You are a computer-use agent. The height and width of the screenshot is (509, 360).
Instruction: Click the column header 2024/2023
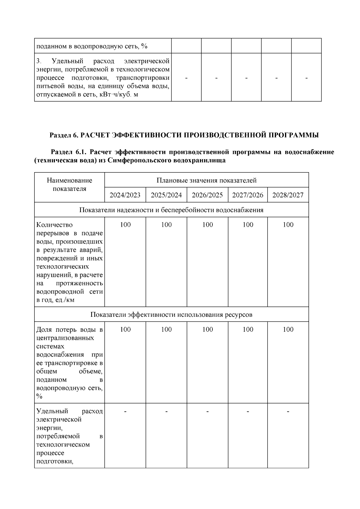[x=125, y=195]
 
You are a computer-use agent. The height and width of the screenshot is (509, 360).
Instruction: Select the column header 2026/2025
[x=207, y=195]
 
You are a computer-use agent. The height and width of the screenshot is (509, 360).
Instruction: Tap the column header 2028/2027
[x=288, y=195]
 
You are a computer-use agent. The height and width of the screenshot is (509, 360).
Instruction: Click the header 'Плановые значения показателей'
[x=206, y=180]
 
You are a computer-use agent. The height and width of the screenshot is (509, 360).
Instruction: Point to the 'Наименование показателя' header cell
[x=69, y=184]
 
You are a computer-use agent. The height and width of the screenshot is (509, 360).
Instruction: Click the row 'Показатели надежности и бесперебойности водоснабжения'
[x=171, y=210]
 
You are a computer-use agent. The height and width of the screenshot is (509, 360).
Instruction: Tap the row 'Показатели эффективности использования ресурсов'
[x=171, y=314]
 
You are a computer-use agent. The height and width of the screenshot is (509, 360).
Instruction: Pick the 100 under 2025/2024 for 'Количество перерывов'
[x=166, y=225]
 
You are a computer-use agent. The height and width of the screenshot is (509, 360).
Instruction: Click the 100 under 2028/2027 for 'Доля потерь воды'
[x=288, y=329]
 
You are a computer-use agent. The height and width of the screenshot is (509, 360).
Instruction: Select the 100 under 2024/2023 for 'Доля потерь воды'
[x=125, y=329]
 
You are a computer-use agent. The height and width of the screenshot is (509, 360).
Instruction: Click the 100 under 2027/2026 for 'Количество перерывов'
[x=247, y=225]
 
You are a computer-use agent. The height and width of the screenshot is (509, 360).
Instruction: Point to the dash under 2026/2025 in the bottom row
[x=207, y=411]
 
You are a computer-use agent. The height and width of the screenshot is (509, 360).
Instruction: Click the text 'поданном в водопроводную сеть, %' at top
[x=92, y=46]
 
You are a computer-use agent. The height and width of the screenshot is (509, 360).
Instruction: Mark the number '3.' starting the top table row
[x=39, y=61]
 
